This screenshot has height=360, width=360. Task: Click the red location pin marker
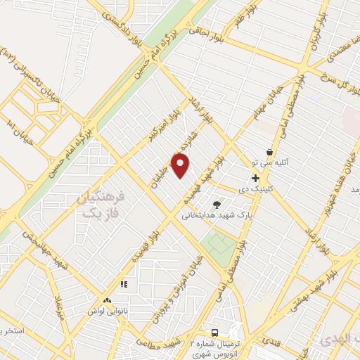tap(181, 166)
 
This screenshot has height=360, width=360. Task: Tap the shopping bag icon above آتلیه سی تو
tap(269, 152)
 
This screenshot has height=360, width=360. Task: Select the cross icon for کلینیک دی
tap(255, 179)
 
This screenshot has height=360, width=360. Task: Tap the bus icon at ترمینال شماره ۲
tap(214, 332)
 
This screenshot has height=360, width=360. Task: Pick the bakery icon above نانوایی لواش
tap(107, 300)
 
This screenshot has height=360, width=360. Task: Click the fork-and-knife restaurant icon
tap(124, 285)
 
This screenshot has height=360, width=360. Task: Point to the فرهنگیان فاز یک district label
tap(103, 205)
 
